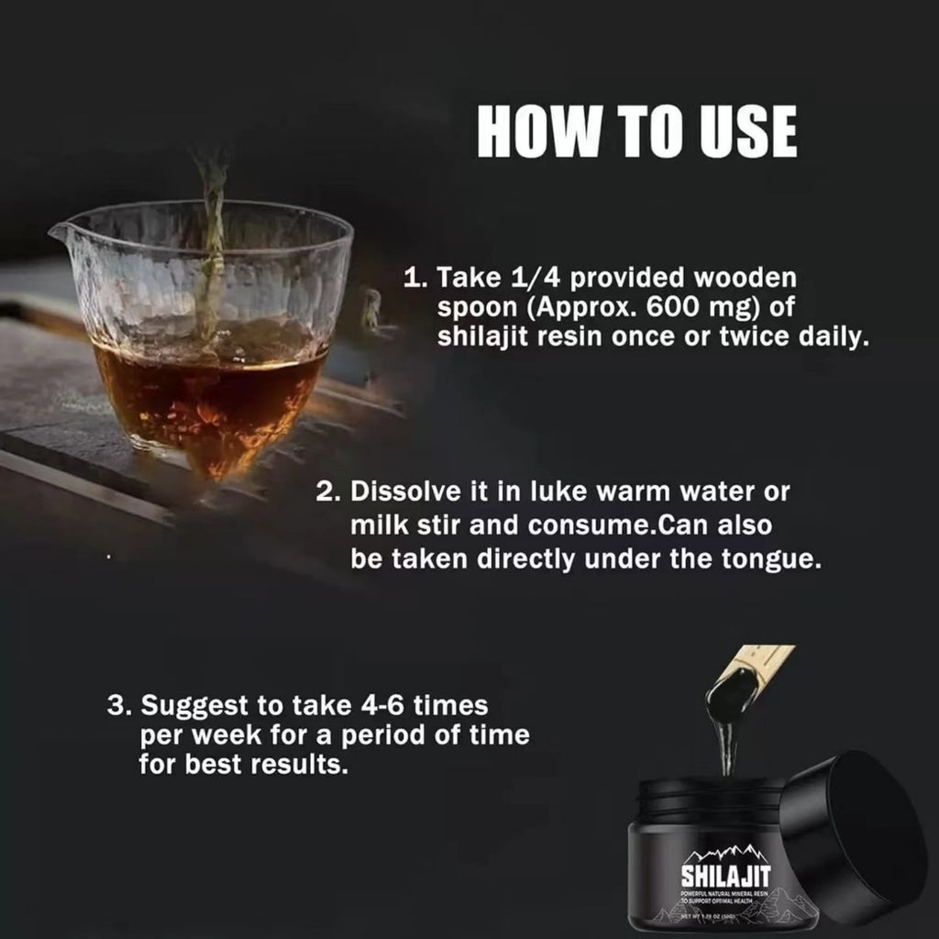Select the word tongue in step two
click(x=772, y=559)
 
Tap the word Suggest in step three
click(x=191, y=707)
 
